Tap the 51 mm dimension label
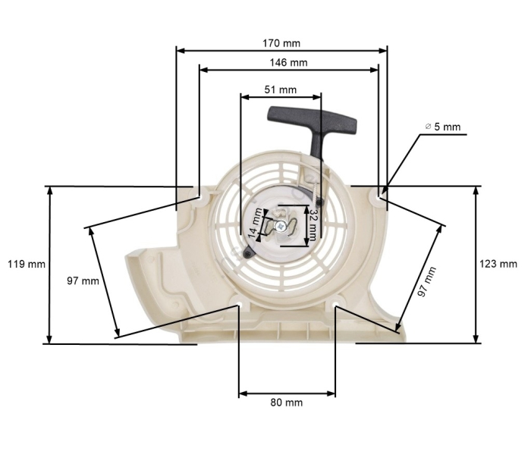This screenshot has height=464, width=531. (x=280, y=89)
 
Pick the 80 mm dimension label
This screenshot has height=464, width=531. (x=286, y=402)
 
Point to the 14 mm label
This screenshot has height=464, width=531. (x=257, y=224)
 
